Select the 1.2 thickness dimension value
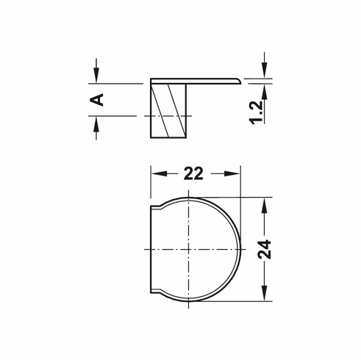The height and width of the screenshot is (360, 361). [x=257, y=110]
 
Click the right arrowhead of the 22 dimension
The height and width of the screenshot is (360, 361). [x=237, y=173]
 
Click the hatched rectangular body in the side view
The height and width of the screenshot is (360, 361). [x=170, y=110]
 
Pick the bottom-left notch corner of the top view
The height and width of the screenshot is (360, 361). [x=152, y=292]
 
